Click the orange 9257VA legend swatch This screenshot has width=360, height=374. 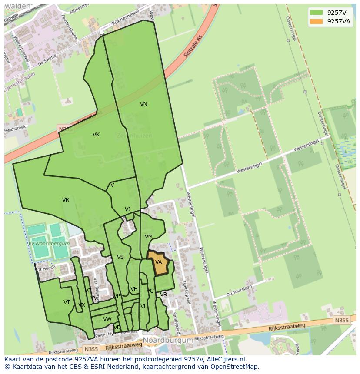pos(316,22)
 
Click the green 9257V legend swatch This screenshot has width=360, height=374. pos(316,12)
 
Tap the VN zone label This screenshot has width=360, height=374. pos(143,104)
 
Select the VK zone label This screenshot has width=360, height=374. pos(96,135)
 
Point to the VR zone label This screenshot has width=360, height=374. pos(66,200)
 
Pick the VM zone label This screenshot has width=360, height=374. pos(149,237)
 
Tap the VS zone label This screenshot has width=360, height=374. pos(120,257)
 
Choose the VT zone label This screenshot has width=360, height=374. pos(67,302)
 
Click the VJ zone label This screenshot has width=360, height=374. pos(127,209)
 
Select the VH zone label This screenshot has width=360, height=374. pos(134,289)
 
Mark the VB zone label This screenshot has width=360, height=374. pos(163,295)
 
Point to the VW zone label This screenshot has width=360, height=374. pos(107,319)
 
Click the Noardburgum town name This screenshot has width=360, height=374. pos(168,340)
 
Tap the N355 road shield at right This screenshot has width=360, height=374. pos(342,321)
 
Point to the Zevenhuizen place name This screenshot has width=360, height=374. pos(134,136)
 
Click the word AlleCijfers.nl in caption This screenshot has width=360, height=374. pos(225,359)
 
